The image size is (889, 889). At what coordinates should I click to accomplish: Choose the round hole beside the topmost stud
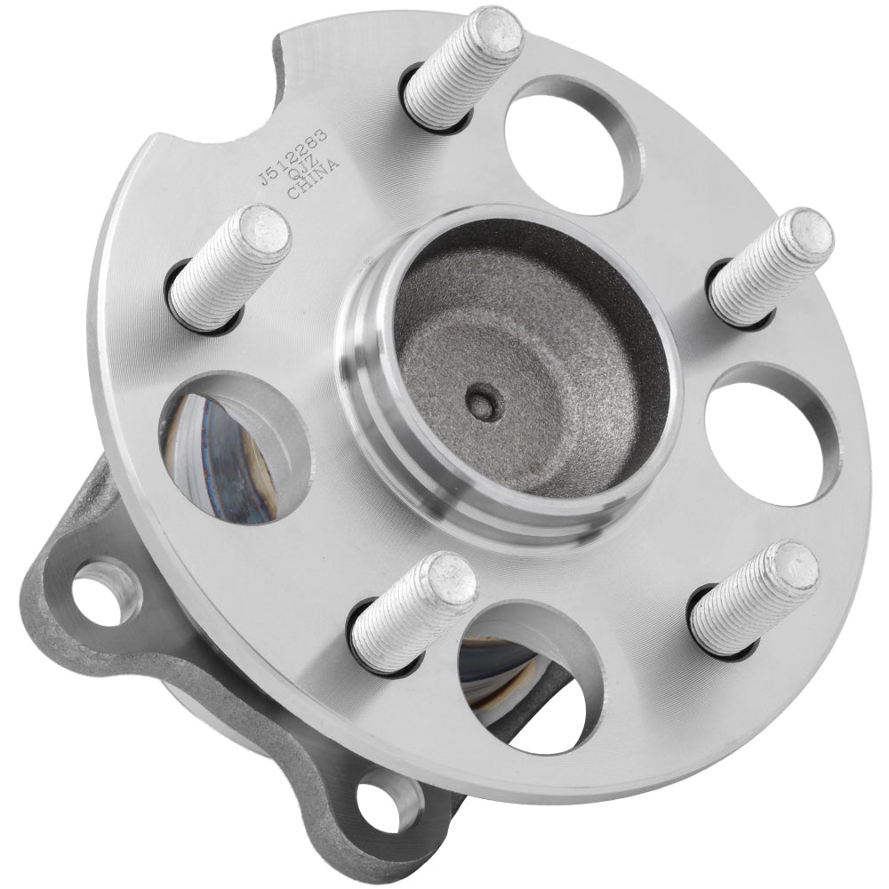point(573,142)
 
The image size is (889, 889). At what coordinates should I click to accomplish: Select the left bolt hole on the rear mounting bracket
point(105,589)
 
